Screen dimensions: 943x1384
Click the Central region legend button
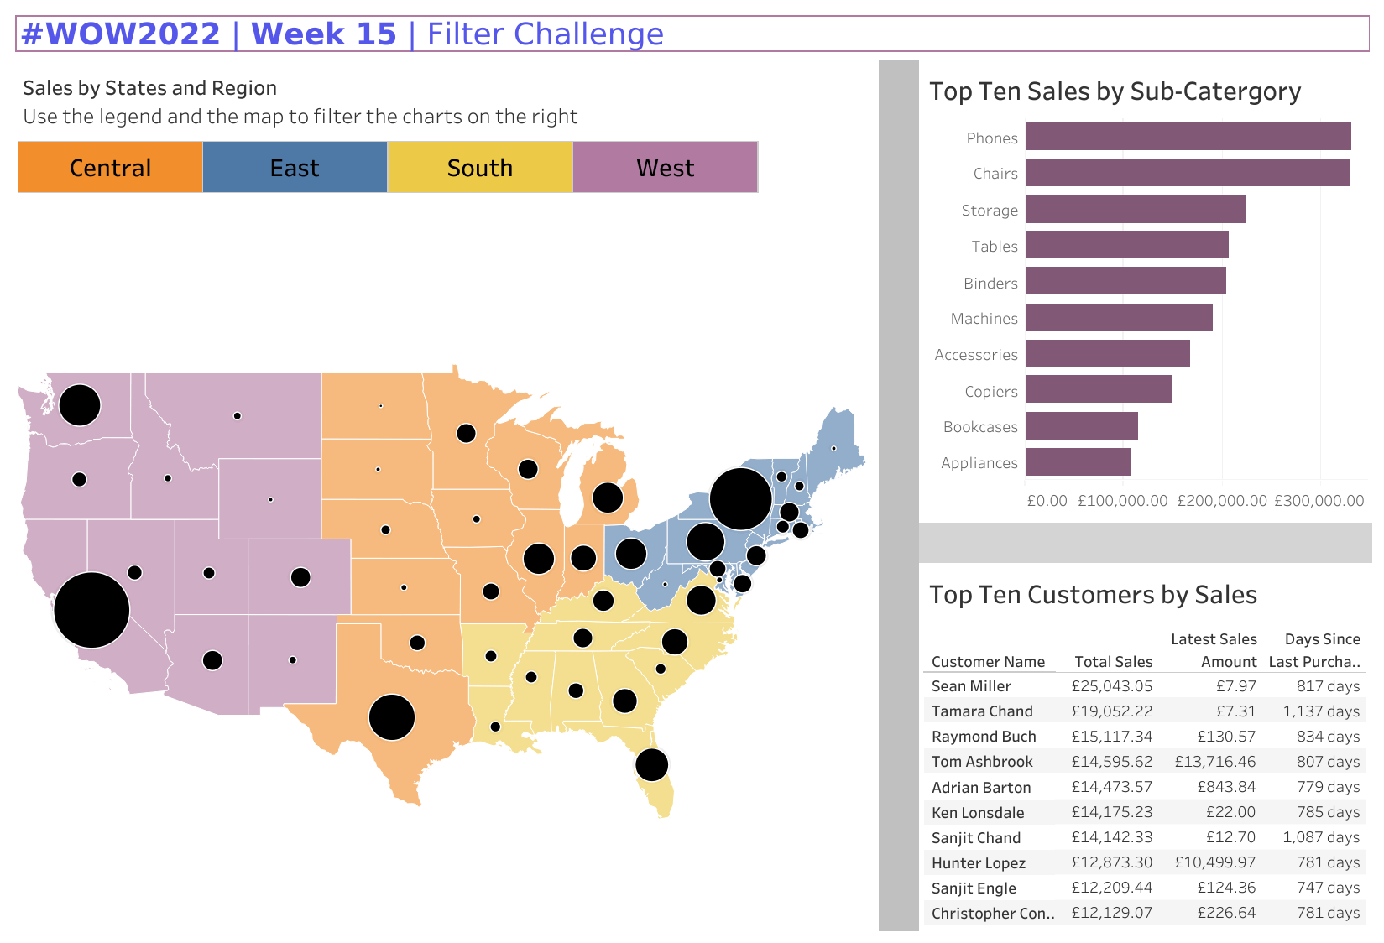click(x=110, y=168)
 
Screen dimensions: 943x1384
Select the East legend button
click(x=295, y=168)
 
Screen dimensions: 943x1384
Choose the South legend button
click(x=480, y=168)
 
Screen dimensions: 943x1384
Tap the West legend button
click(x=666, y=168)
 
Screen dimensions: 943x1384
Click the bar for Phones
click(x=1188, y=137)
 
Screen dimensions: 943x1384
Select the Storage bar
click(x=1136, y=210)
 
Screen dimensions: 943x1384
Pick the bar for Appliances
click(x=1078, y=462)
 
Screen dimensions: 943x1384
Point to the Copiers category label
click(x=990, y=392)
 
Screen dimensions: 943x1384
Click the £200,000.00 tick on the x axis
click(x=1222, y=501)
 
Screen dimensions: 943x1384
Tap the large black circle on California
click(x=91, y=610)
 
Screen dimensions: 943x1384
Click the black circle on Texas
click(x=392, y=717)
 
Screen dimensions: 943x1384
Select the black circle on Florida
click(x=651, y=764)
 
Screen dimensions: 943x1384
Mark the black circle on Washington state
click(x=80, y=405)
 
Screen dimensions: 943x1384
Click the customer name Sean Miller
click(x=971, y=686)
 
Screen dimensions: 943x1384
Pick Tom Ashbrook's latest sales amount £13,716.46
click(x=1214, y=762)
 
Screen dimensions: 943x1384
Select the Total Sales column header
click(x=1113, y=662)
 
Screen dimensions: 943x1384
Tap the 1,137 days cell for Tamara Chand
click(x=1320, y=711)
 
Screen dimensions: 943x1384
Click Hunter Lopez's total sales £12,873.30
click(x=1111, y=862)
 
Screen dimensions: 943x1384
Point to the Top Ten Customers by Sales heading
click(x=1093, y=595)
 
